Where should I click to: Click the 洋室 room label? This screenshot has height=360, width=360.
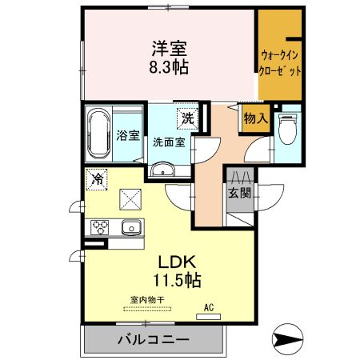(170, 48)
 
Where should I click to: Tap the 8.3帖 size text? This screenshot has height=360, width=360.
(170, 67)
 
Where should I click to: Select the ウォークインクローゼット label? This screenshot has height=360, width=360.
(280, 62)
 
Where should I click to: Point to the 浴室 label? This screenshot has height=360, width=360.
(127, 136)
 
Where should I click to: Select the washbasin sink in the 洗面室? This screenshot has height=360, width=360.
(164, 170)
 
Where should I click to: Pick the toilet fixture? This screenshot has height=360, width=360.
(287, 130)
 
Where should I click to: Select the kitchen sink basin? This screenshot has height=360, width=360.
(130, 229)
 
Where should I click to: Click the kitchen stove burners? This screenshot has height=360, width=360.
(98, 229)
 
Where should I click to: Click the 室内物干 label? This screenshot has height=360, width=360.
(147, 301)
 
